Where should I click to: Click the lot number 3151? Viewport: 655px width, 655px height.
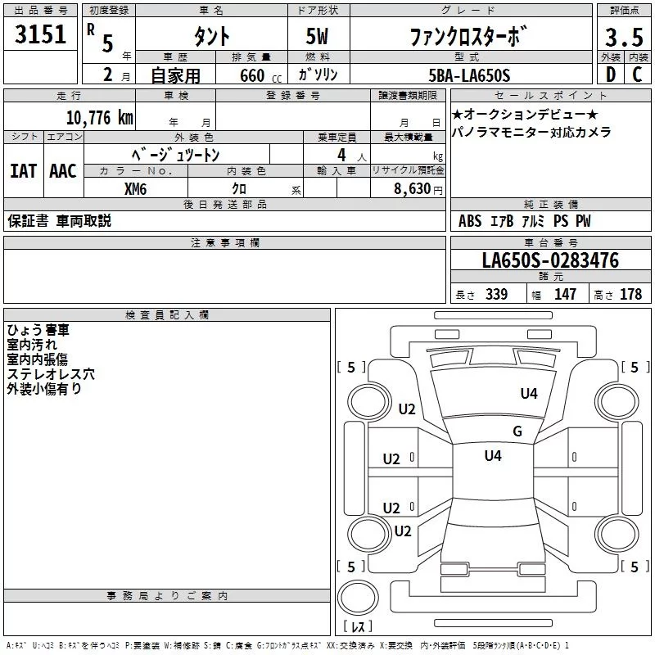pos(41,35)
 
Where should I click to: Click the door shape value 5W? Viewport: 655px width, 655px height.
pos(318,37)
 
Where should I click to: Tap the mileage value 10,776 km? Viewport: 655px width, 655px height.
pos(99,117)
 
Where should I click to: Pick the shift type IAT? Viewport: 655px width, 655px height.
pos(23,170)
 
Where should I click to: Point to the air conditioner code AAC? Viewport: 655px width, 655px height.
pos(62,170)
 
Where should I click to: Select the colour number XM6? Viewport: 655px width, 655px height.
pos(136,188)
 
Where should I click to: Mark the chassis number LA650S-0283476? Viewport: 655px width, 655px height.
pos(550,260)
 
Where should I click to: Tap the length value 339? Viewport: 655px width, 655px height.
pos(496,295)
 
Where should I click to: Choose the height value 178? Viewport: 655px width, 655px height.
pos(630,295)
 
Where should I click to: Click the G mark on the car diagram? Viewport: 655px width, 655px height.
pos(517,431)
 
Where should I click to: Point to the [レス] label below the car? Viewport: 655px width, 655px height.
pos(359,627)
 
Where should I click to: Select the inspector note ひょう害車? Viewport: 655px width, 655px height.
pos(38,329)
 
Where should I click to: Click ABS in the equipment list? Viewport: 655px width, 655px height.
pos(470,221)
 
